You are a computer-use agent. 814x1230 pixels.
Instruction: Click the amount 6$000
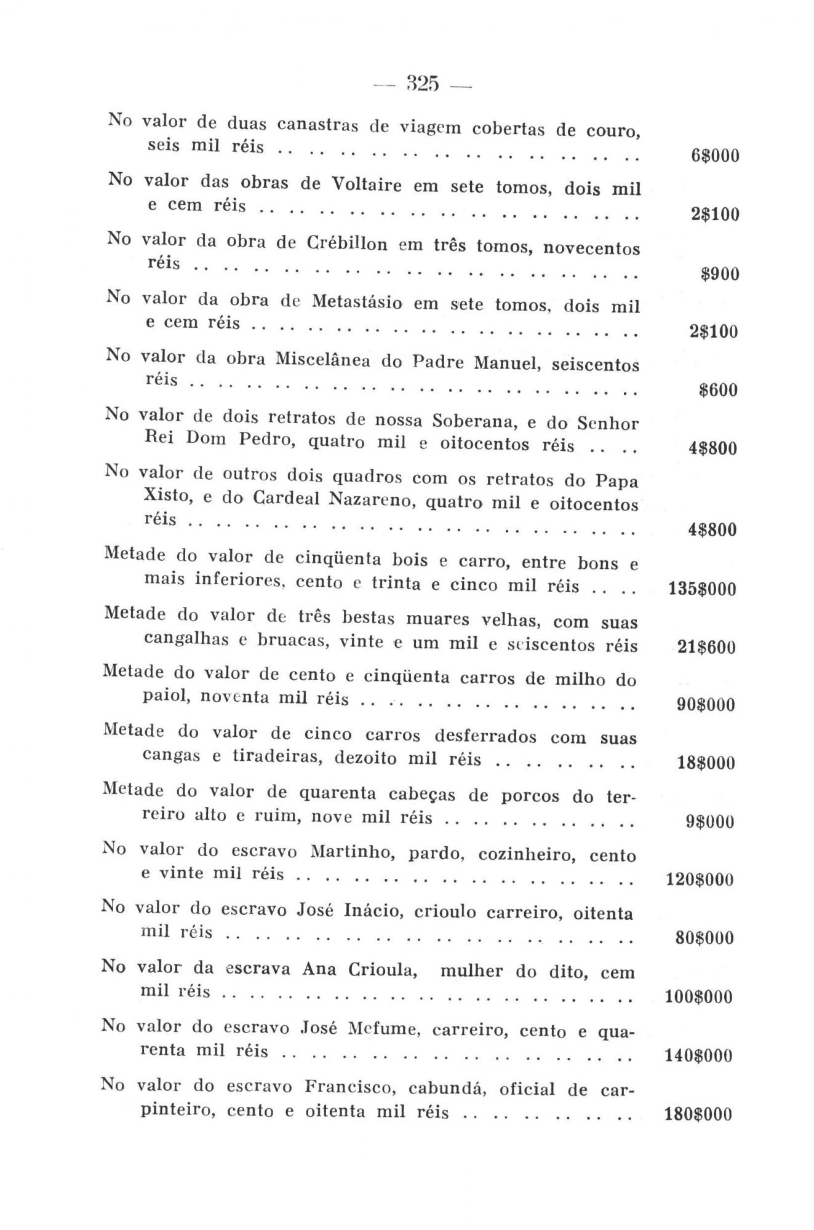point(714,156)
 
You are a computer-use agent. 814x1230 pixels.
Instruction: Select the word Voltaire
point(366,184)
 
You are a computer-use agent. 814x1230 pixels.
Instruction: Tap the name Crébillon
point(347,244)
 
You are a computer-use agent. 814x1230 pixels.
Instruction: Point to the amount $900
point(720,274)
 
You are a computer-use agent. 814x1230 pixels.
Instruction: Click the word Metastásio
point(357,303)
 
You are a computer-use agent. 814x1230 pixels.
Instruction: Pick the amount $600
point(718,390)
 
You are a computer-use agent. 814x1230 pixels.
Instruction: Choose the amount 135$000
point(701,589)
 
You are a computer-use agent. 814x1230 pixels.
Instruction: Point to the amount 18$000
point(706,763)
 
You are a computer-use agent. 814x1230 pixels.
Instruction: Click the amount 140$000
point(699,1056)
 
